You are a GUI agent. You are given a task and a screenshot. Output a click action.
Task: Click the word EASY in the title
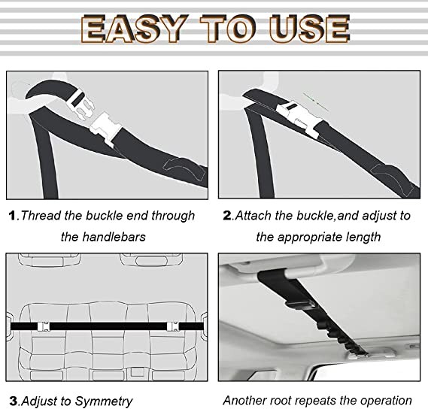[x=135, y=29]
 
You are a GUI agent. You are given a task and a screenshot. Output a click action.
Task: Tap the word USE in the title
[x=309, y=29]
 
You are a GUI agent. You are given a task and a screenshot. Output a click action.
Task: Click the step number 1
[x=12, y=216]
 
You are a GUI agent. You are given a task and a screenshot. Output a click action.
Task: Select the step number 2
[x=227, y=215]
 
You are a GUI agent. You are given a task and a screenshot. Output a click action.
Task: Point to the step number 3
[x=13, y=401]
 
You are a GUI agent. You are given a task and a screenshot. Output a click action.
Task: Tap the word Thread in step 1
[x=41, y=215]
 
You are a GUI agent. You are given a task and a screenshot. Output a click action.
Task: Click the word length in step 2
[x=363, y=237]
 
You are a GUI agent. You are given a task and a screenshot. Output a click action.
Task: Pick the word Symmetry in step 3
[x=104, y=401]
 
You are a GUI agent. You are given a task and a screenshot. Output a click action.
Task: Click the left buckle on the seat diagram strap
[x=44, y=326]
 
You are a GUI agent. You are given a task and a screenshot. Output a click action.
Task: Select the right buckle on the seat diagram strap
[x=173, y=326]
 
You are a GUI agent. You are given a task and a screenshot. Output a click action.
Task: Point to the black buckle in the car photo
[x=299, y=304]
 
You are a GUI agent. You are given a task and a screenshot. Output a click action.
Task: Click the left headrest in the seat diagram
[x=49, y=260]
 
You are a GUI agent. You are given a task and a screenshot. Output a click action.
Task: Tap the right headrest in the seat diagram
[x=151, y=260]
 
